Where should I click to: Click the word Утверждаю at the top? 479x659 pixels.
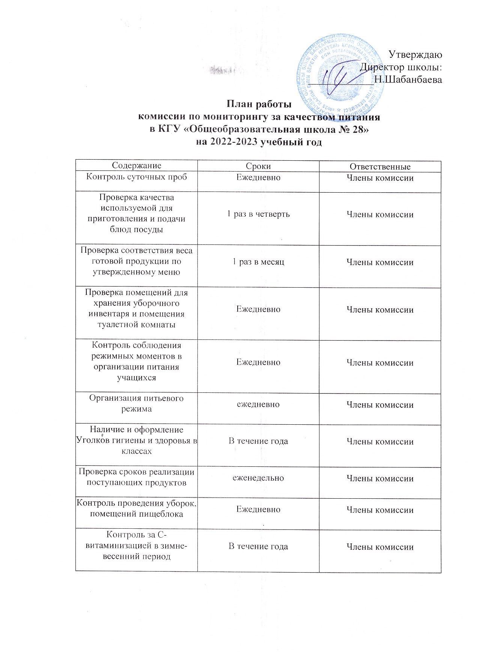click(415, 54)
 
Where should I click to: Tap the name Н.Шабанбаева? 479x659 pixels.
click(408, 80)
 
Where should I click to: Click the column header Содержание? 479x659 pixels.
click(137, 166)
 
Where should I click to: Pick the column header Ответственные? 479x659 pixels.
click(380, 167)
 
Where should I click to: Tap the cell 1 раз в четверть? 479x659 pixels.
click(258, 214)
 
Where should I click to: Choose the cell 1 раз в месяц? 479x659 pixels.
click(258, 262)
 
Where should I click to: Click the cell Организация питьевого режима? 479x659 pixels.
click(137, 403)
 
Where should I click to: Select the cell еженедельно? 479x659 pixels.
click(258, 478)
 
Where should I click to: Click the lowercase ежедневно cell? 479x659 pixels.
click(258, 404)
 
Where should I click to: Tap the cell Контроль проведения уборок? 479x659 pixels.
click(137, 508)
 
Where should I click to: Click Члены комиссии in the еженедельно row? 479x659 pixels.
click(380, 478)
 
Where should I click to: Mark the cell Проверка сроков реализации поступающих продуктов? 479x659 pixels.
click(137, 477)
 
